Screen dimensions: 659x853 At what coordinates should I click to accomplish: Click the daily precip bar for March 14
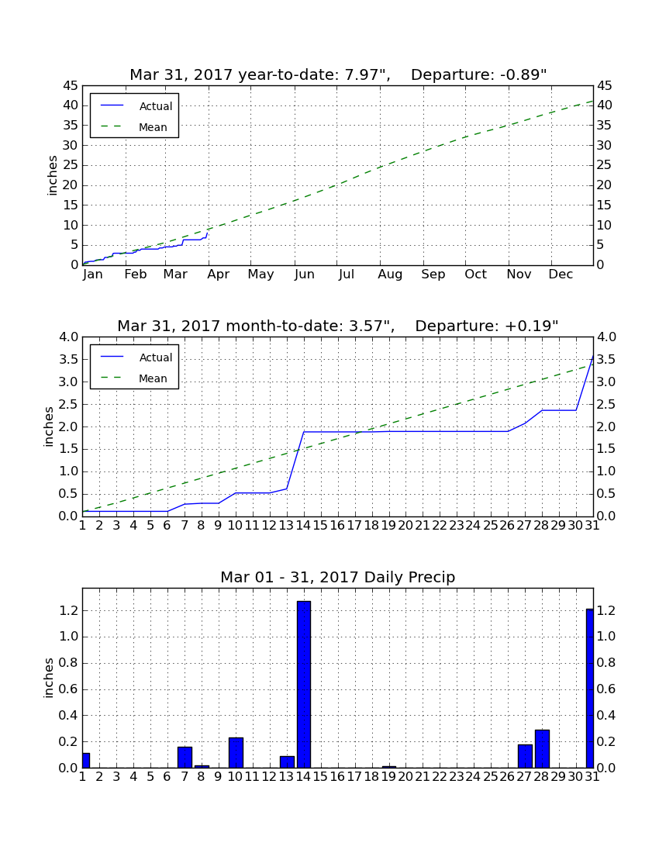click(303, 685)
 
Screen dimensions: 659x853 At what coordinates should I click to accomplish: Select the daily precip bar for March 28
click(542, 748)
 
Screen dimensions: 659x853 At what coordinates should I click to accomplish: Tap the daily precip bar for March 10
click(236, 752)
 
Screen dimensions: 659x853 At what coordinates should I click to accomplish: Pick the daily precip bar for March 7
click(185, 758)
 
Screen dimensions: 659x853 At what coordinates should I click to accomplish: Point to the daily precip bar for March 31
click(590, 688)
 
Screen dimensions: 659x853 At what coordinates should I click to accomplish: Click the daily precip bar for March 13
click(287, 761)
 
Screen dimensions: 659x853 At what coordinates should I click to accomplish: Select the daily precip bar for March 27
click(525, 756)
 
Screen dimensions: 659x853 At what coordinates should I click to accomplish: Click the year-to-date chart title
click(338, 74)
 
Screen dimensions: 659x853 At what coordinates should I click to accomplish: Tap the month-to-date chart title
click(338, 326)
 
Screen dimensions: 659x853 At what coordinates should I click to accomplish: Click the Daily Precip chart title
click(338, 577)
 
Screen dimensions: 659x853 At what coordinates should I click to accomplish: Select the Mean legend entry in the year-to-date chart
click(134, 127)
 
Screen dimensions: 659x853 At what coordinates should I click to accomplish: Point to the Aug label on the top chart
click(390, 275)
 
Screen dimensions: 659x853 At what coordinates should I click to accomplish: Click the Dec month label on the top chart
click(561, 275)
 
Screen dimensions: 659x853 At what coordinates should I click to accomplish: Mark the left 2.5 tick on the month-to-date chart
click(68, 404)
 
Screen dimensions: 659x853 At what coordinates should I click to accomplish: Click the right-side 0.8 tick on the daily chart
click(606, 662)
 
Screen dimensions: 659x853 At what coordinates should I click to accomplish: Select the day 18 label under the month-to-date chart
click(371, 526)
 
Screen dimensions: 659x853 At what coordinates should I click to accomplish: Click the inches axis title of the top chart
click(52, 175)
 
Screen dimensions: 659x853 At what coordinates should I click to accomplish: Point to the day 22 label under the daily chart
click(440, 777)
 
